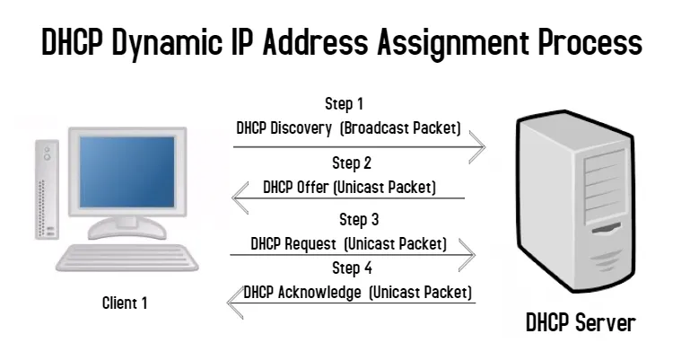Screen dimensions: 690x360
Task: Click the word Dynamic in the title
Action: [167, 43]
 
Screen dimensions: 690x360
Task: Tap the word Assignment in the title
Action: [453, 43]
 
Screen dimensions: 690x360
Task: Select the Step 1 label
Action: [345, 104]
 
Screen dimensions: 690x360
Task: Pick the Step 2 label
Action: [352, 163]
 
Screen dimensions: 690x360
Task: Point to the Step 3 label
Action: [359, 220]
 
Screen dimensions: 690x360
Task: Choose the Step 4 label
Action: [352, 268]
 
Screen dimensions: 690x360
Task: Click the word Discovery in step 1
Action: [301, 128]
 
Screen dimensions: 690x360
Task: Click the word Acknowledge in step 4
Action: [319, 293]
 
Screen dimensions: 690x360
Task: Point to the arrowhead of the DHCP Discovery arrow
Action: [478, 147]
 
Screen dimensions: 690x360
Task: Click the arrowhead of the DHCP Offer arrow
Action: [240, 198]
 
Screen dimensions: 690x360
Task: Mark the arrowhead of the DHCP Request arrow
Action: [467, 255]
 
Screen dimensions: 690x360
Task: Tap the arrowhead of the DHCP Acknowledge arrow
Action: [235, 303]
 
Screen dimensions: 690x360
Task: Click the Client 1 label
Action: [125, 303]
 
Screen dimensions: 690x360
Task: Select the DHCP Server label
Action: [581, 322]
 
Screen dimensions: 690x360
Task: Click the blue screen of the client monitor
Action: [127, 171]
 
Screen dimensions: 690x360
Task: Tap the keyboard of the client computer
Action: [127, 258]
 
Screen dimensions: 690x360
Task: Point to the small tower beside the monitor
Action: [47, 190]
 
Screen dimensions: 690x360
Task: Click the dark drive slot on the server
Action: [607, 228]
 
